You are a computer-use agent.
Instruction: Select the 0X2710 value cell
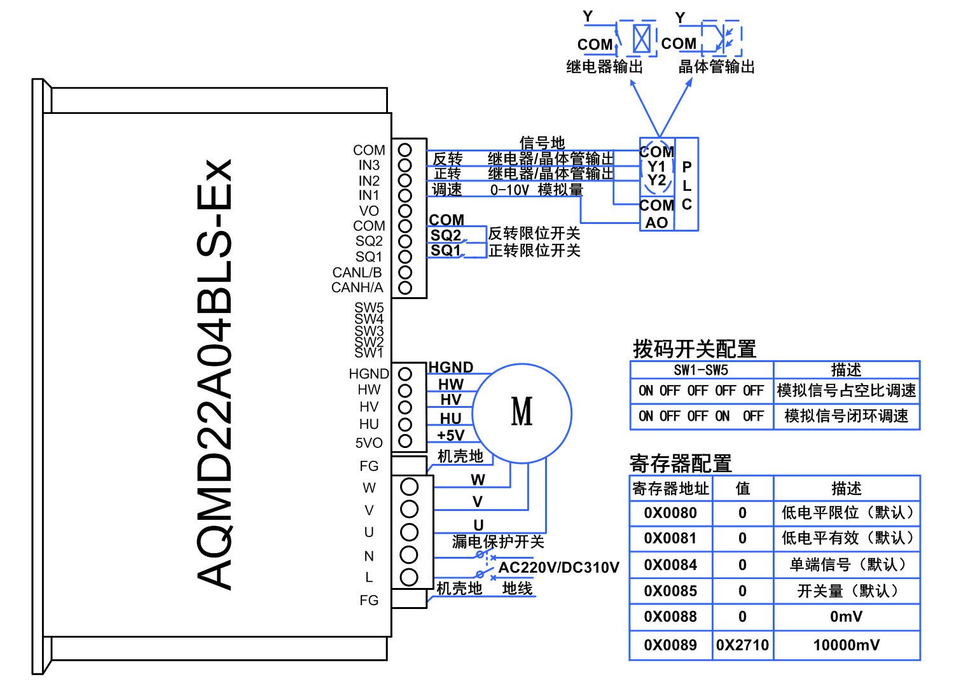[x=742, y=645]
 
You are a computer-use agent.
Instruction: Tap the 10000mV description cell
[x=847, y=645]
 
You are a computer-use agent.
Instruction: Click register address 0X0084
[x=670, y=564]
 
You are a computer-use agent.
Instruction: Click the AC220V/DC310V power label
[x=558, y=567]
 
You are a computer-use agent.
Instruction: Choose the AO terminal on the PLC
[x=656, y=223]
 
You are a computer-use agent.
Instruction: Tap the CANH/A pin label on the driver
[x=357, y=288]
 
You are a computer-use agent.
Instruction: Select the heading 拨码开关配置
[x=695, y=349]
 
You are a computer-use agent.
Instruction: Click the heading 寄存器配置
[x=681, y=463]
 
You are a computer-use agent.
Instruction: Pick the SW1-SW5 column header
[x=701, y=370]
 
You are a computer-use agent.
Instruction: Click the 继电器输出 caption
[x=604, y=66]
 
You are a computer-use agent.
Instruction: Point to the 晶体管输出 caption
[x=716, y=66]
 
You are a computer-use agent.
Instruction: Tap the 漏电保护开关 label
[x=498, y=542]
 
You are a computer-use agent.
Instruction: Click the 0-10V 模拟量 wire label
[x=537, y=190]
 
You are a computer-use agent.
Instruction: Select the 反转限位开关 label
[x=534, y=234]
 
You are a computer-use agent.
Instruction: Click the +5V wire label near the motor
[x=450, y=435]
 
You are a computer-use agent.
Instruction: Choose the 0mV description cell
[x=847, y=617]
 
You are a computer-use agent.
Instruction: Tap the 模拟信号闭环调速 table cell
[x=847, y=416]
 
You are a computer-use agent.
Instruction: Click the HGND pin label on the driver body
[x=368, y=374]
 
